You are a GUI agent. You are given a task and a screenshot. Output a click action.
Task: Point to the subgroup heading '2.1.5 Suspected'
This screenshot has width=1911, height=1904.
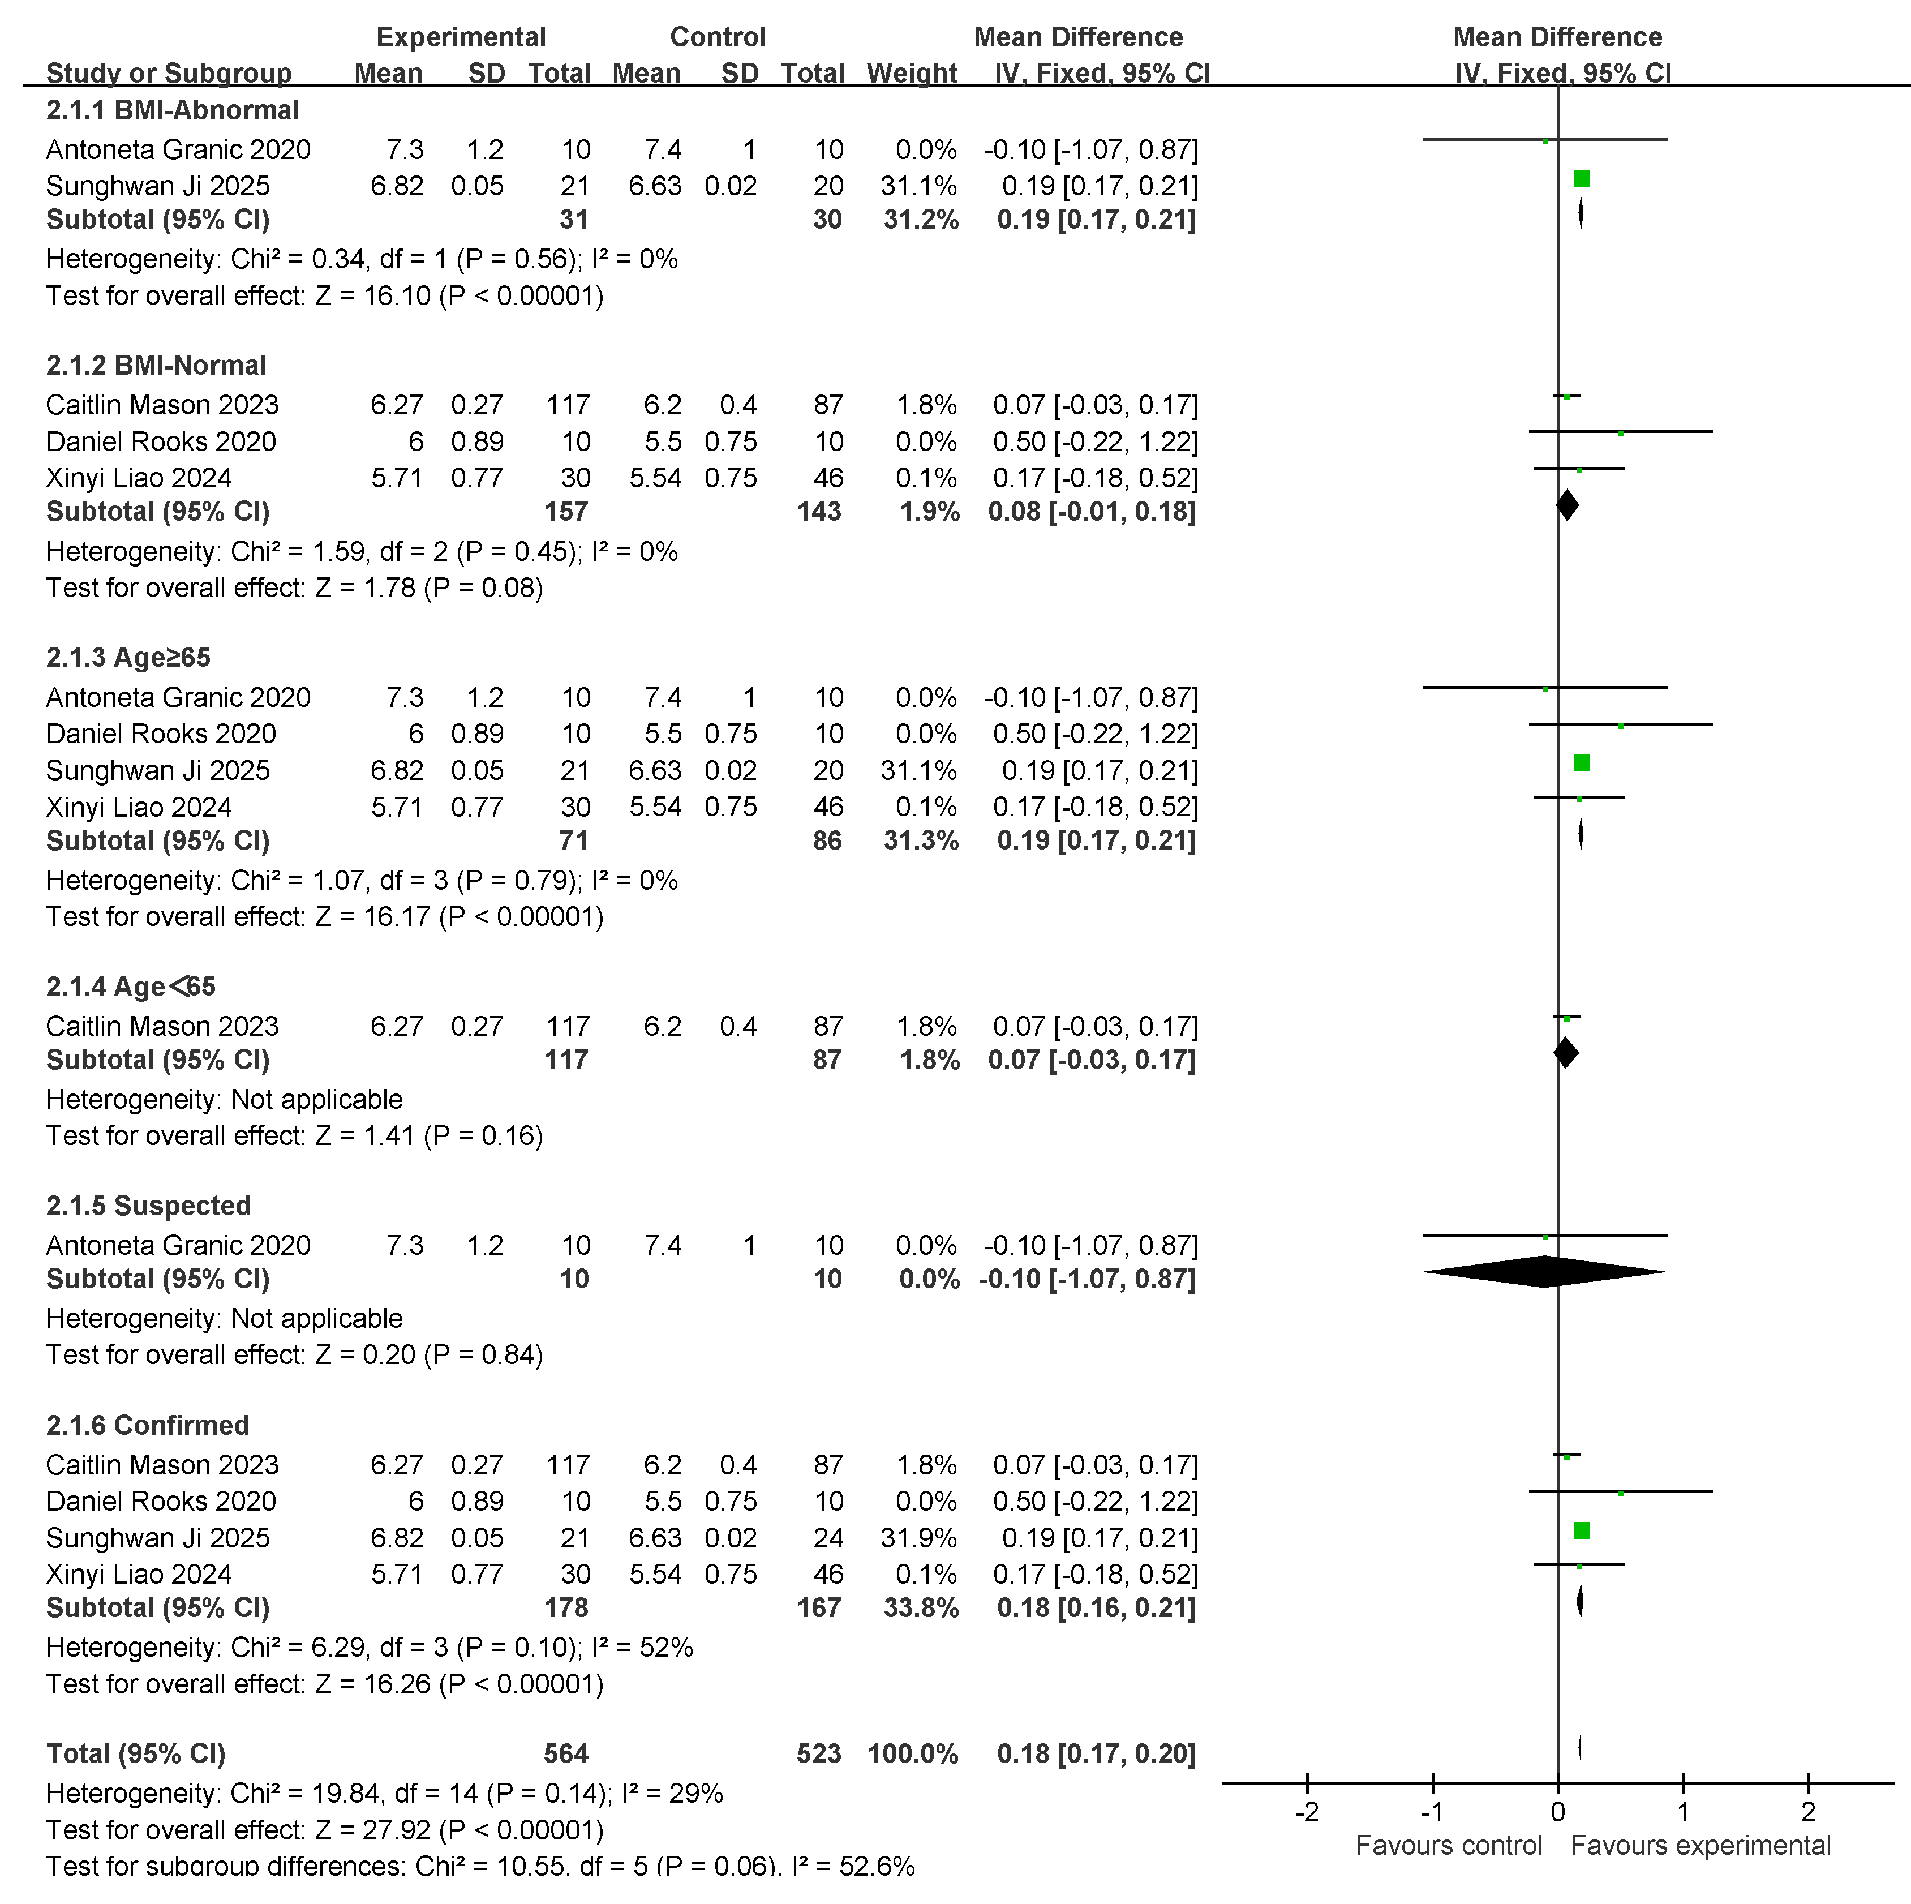[148, 1206]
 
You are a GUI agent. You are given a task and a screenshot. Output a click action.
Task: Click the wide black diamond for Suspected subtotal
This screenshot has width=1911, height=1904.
[1544, 1272]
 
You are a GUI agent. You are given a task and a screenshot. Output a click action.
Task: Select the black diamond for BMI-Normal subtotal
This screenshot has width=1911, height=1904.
[1567, 505]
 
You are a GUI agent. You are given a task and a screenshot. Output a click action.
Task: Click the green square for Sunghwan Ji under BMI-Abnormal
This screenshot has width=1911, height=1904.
[1582, 179]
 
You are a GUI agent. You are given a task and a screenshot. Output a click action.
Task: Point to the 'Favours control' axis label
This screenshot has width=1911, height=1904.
[1448, 1846]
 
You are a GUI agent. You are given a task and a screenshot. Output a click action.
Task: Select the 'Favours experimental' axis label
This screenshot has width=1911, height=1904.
[1700, 1846]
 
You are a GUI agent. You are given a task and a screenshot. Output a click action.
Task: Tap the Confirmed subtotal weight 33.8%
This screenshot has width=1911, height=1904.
[921, 1607]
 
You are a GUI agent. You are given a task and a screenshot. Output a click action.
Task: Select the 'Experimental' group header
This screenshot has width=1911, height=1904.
[461, 37]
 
